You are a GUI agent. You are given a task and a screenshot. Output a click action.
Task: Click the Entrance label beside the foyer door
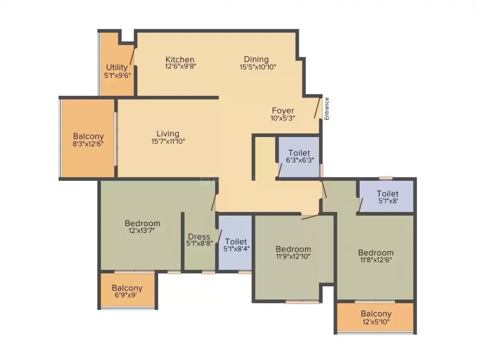coord(326,108)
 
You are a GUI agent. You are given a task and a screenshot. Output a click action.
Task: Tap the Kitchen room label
coord(180,59)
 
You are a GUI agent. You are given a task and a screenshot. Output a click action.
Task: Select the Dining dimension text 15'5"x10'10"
coord(258,67)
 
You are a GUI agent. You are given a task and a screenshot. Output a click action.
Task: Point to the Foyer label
coord(283,110)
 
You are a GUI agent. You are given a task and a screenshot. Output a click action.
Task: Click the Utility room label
coord(117,67)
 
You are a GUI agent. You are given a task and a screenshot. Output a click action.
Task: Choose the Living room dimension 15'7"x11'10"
coord(168,142)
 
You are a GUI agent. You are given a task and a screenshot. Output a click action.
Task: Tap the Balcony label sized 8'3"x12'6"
coord(88,136)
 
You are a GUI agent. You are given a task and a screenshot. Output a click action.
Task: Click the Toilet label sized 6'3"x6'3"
coord(299,153)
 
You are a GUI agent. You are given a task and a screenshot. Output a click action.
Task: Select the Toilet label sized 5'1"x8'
coord(387,193)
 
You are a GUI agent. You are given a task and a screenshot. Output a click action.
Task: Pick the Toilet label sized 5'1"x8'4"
coord(236,241)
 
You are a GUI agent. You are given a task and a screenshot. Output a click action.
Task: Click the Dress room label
coord(199,237)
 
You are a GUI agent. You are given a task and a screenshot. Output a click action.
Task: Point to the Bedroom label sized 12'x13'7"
coord(142,223)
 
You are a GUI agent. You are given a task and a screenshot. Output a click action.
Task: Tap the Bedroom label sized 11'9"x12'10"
coord(293,249)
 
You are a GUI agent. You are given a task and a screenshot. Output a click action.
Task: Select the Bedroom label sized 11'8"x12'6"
coord(376,252)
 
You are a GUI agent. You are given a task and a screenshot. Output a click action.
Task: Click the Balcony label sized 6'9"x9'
coord(127,288)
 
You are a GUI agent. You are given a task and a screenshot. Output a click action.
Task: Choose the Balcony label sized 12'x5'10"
coord(376,314)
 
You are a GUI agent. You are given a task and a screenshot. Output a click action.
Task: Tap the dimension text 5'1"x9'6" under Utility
coord(118,75)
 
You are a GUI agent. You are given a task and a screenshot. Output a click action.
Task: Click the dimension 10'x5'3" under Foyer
coord(283,118)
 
